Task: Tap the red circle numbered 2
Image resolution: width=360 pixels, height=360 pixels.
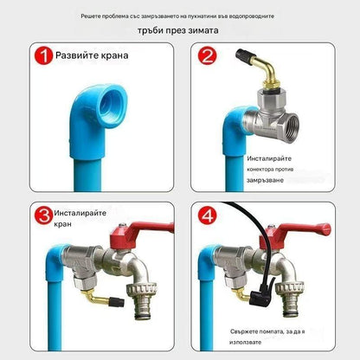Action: pyautogui.click(x=208, y=58)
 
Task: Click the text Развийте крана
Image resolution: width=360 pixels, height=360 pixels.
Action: pyautogui.click(x=93, y=57)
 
